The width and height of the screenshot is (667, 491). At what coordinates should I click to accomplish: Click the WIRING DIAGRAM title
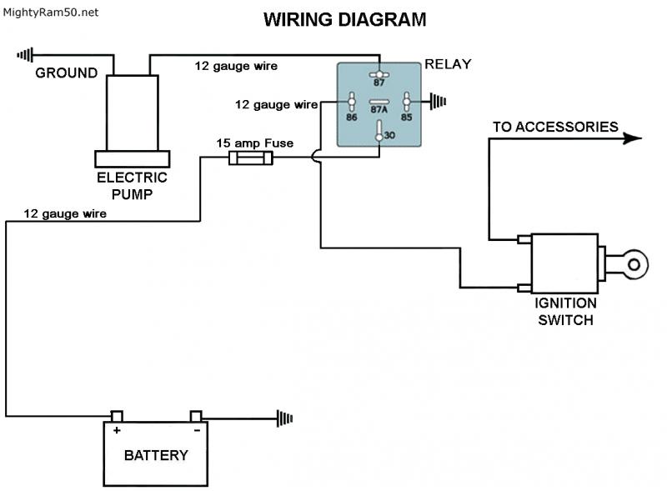pos(344,19)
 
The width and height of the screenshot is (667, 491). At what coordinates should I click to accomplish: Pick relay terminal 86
pos(352,103)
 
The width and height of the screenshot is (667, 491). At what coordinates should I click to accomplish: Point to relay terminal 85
pos(407,103)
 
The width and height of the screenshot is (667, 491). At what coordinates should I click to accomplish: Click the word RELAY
pos(448,64)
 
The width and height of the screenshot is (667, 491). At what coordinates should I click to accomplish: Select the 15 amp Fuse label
pos(254,143)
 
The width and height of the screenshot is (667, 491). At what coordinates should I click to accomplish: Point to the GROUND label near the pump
pos(66,73)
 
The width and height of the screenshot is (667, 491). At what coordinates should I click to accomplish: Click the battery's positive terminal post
pos(117,416)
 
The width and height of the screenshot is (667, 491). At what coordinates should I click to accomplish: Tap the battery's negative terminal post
pos(196,416)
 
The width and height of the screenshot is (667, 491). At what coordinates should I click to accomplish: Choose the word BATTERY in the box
pos(156,455)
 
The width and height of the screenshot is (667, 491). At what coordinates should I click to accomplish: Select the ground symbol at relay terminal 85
pos(438,103)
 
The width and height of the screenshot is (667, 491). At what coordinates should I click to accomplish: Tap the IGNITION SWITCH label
pos(566,311)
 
